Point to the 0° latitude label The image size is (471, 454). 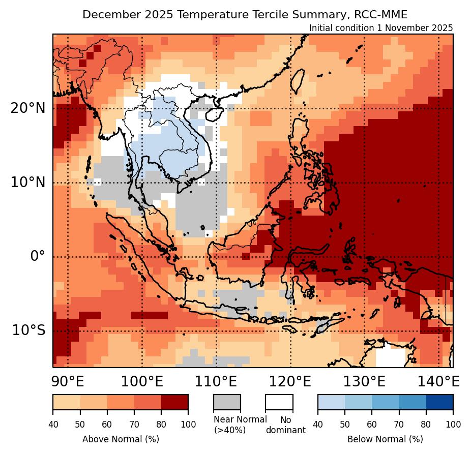(38, 256)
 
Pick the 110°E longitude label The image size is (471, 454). (216, 381)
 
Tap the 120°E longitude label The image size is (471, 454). (290, 381)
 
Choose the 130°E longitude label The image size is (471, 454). (364, 381)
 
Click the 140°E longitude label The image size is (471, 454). (438, 381)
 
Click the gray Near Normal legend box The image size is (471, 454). (227, 402)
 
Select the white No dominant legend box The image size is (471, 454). (279, 402)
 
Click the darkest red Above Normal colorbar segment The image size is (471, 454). (174, 402)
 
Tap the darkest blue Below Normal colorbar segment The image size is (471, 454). (439, 402)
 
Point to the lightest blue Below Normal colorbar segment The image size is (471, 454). (331, 402)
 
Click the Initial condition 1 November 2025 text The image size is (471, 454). (381, 28)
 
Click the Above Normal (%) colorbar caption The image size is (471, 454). (121, 439)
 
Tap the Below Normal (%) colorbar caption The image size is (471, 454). (385, 439)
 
